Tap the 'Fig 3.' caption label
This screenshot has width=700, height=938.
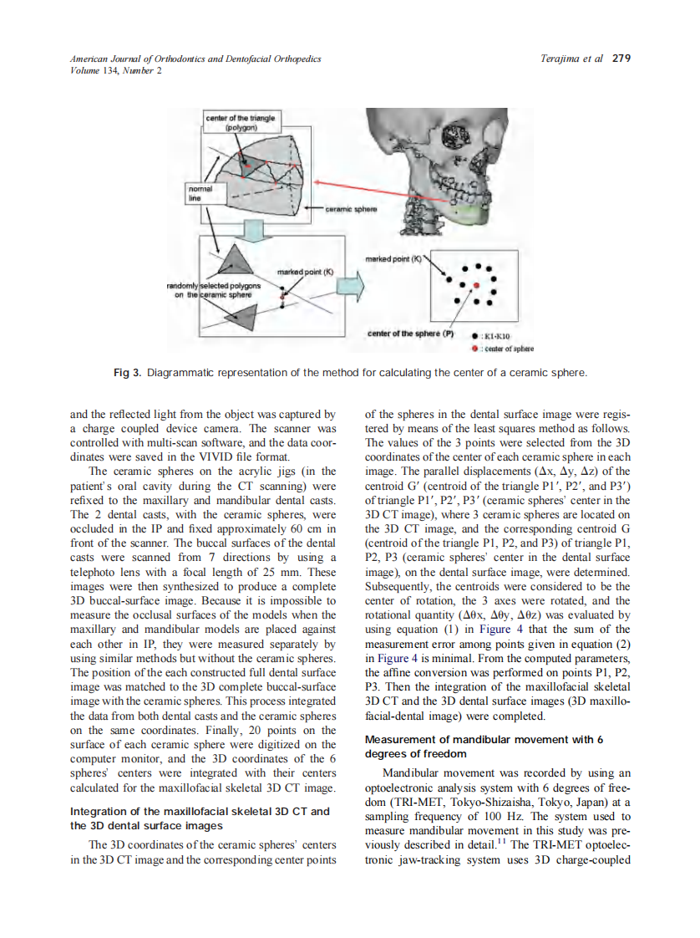click(x=128, y=372)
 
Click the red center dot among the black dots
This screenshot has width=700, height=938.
click(x=476, y=285)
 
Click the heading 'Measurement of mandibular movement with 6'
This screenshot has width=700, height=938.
click(x=484, y=740)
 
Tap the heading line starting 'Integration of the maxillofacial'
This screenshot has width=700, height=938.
click(x=200, y=811)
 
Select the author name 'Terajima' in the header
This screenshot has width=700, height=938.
click(x=561, y=59)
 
